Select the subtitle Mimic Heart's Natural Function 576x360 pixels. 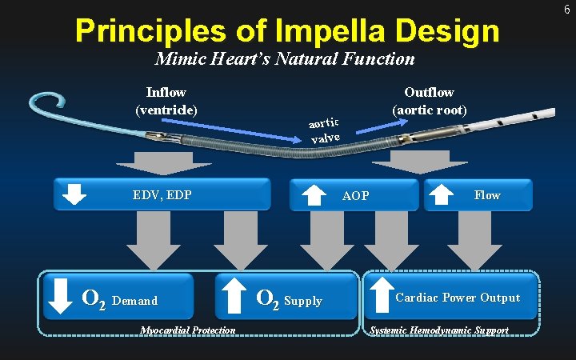285,58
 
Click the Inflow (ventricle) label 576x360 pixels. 166,101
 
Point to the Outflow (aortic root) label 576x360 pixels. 429,101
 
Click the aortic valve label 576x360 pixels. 325,130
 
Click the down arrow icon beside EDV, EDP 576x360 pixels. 74,194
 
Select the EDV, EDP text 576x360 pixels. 162,194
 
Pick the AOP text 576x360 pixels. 355,195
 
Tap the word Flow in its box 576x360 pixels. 487,194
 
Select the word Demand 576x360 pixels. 135,301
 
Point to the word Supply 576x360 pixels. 303,301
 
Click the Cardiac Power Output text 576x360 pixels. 458,298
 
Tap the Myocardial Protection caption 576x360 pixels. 187,330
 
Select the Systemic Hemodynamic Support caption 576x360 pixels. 438,330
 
